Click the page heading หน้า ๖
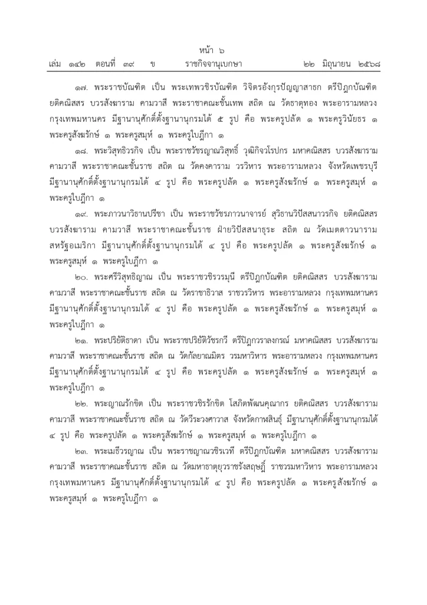(213, 51)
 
